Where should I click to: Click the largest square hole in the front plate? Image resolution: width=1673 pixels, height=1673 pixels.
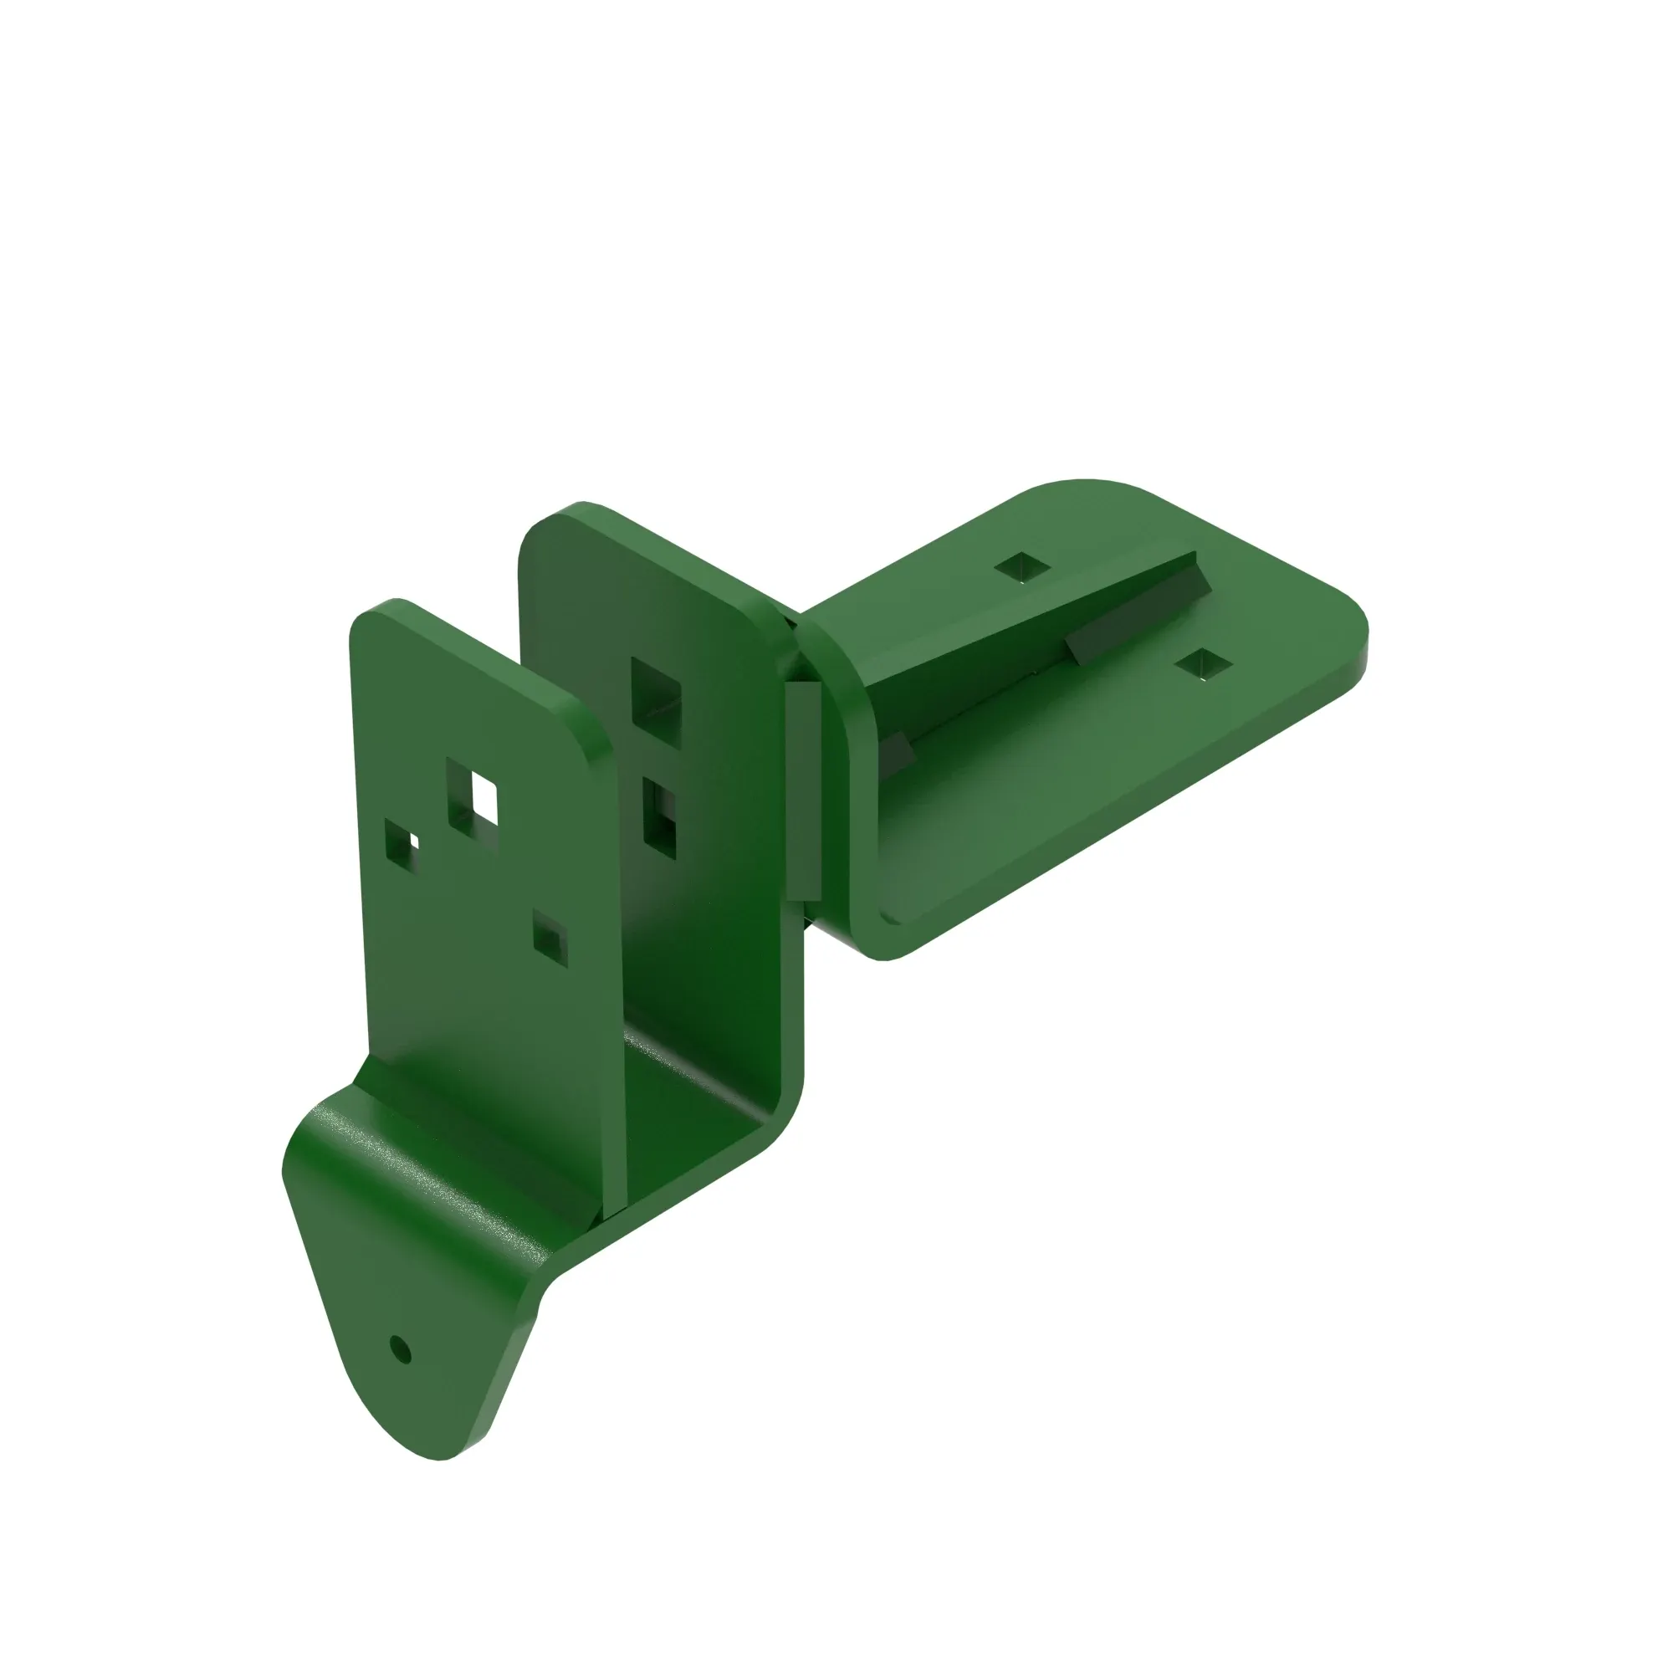tap(473, 796)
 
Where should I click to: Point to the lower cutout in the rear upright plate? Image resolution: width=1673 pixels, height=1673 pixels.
tap(660, 816)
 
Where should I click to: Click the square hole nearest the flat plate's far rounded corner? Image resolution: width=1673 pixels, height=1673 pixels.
tap(1203, 664)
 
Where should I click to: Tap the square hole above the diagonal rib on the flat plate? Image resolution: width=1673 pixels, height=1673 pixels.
tap(1022, 566)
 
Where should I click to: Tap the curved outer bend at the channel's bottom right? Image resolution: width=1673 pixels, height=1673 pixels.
tap(784, 1117)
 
